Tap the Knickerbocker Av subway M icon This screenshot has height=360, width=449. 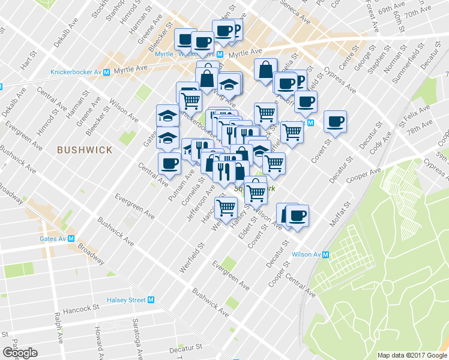pos(106,72)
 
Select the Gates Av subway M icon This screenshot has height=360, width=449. pos(71,238)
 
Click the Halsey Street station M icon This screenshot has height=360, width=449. pos(151,300)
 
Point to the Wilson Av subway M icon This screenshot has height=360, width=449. pos(326,254)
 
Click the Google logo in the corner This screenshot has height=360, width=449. pos(20,353)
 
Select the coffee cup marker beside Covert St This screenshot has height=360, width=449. pos(335,121)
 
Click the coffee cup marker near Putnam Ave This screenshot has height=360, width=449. pos(169,163)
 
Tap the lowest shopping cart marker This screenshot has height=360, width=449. pos(226,209)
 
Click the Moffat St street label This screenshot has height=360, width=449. pos(339,215)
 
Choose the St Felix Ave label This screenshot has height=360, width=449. pos(415,116)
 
